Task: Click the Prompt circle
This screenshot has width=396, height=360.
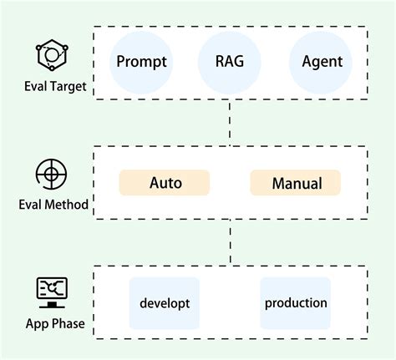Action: (x=142, y=62)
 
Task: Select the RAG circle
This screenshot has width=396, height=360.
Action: (x=229, y=62)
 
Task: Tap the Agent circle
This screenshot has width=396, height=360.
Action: (x=320, y=62)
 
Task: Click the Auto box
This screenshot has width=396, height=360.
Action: (x=165, y=182)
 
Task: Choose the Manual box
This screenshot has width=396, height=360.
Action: (x=296, y=182)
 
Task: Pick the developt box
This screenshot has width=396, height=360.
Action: (x=165, y=302)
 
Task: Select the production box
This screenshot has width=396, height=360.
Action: (x=296, y=302)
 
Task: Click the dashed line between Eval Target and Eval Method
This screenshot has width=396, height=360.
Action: (x=231, y=123)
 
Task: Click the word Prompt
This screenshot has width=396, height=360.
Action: (x=142, y=62)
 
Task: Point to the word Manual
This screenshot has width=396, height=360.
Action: (x=296, y=182)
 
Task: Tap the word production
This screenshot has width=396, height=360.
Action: (x=296, y=302)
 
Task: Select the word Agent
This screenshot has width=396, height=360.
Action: (x=320, y=62)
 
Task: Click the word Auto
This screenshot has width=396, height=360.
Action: (x=165, y=182)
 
